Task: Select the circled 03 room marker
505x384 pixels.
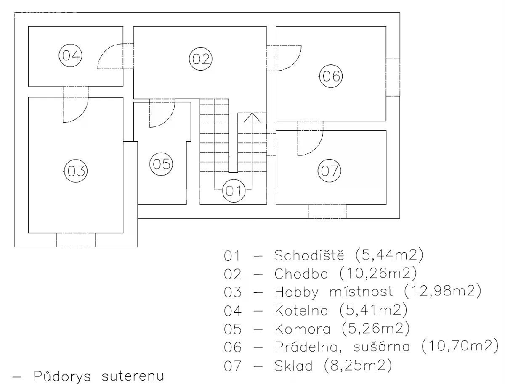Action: (76, 171)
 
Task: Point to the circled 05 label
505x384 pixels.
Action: (161, 164)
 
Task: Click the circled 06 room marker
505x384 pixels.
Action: (331, 76)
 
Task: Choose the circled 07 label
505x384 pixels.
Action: (329, 171)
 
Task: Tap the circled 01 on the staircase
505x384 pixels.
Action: (233, 191)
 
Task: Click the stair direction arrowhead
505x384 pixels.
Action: (252, 117)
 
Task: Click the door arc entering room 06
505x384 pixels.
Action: (289, 58)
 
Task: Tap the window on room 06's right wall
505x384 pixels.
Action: (393, 76)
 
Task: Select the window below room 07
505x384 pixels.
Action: (327, 211)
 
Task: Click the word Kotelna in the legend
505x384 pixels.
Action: (301, 310)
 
